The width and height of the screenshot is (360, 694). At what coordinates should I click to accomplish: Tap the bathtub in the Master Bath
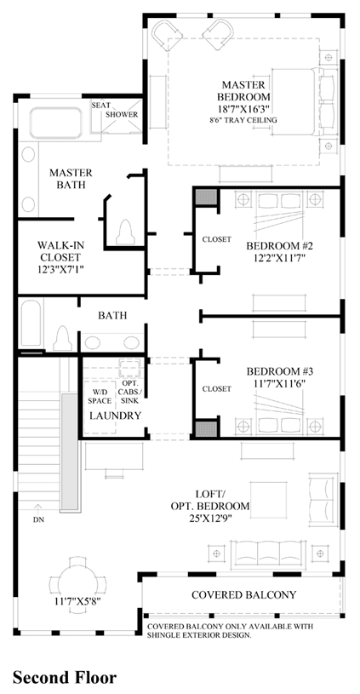[x=55, y=121]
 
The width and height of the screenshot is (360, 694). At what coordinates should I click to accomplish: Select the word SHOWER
[x=122, y=114]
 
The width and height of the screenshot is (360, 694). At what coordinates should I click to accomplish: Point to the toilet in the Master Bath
[x=126, y=232]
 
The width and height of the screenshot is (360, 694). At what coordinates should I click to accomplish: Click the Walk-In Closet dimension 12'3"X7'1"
[x=60, y=269]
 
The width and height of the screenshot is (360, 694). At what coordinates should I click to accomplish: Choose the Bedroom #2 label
[x=277, y=245]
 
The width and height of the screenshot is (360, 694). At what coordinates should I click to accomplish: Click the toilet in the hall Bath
[x=62, y=339]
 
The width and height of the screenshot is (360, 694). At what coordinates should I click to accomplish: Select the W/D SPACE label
[x=100, y=396]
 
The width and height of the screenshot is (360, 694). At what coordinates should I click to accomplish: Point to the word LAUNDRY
[x=116, y=416]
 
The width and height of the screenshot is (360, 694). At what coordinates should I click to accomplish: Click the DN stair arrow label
[x=38, y=519]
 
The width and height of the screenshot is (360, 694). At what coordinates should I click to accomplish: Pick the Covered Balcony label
[x=243, y=594]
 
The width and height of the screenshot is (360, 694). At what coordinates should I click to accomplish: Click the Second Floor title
[x=65, y=677]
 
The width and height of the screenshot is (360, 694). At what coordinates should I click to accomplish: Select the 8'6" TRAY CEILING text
[x=243, y=119]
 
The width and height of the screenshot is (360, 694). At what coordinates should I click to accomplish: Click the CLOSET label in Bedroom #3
[x=217, y=389]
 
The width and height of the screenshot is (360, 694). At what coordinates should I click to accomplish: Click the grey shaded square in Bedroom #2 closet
[x=206, y=197]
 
